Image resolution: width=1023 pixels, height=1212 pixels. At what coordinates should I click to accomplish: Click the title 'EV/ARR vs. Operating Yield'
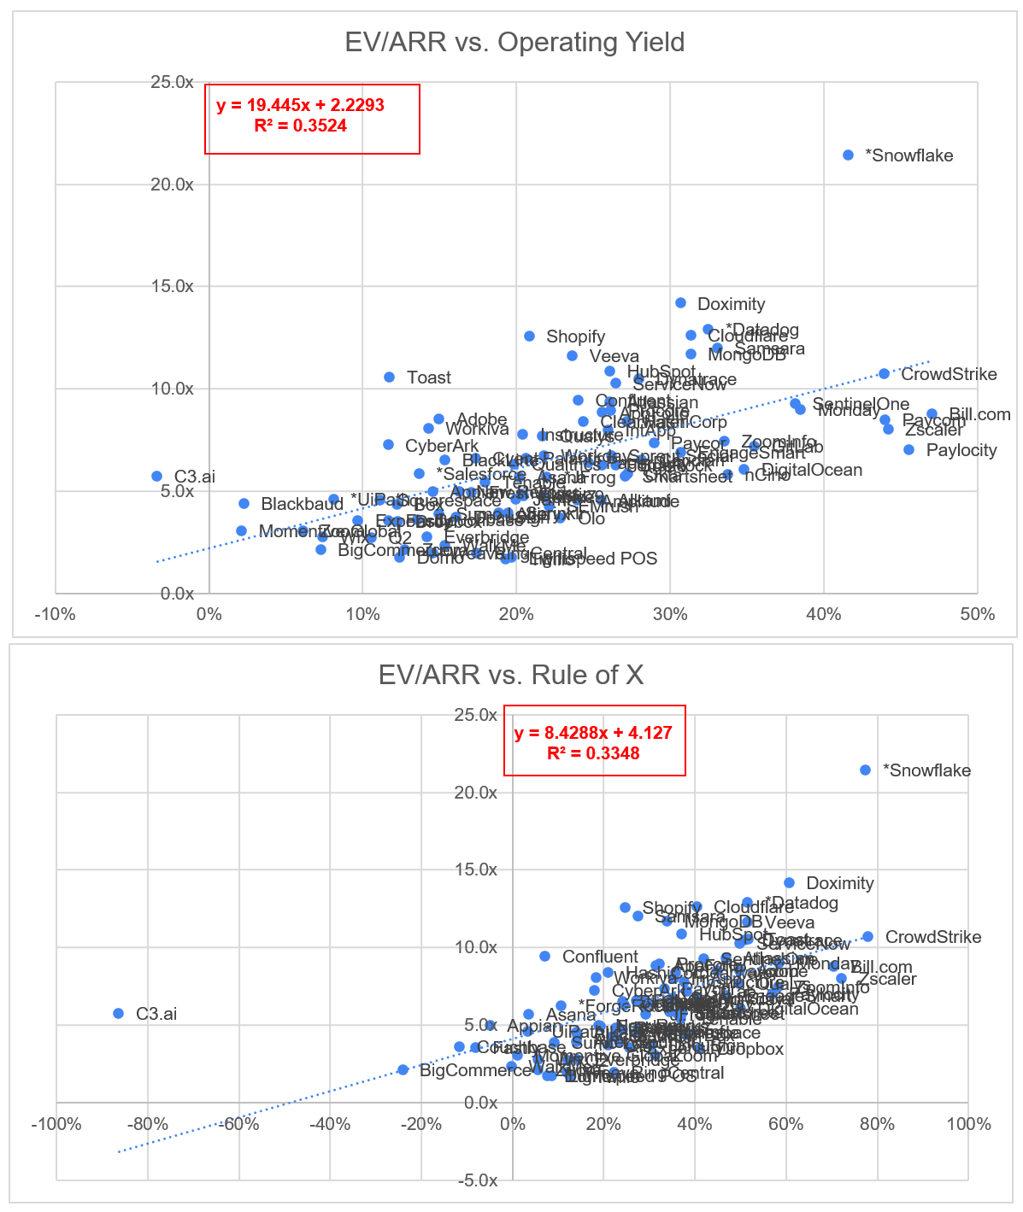coord(514,42)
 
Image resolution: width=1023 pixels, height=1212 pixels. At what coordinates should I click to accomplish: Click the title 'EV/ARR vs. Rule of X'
coord(511,675)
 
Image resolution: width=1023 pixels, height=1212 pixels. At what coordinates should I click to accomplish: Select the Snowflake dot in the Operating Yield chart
coord(848,155)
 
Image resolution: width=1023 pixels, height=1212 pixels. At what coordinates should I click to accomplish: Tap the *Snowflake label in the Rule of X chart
coord(926,770)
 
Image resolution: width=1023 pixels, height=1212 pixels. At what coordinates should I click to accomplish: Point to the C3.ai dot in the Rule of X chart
coord(119,1013)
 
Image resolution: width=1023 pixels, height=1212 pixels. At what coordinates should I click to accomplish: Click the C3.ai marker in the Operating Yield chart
coord(156,476)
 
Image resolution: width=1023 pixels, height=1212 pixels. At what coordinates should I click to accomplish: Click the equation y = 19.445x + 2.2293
coord(300,106)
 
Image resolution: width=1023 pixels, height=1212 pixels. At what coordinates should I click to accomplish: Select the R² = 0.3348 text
coord(593,753)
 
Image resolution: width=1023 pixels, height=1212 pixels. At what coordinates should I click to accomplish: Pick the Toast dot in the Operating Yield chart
coord(389,377)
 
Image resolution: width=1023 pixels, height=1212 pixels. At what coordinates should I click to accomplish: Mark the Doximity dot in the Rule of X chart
coord(789,882)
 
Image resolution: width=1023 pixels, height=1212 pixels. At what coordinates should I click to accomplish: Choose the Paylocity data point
coord(908,449)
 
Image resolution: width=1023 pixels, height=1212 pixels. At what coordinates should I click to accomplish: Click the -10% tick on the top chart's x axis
coord(56,614)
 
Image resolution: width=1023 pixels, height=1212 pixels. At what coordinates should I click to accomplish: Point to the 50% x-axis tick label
coord(977,614)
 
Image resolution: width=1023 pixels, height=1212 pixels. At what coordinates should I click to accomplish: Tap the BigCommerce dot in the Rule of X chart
coord(403,1069)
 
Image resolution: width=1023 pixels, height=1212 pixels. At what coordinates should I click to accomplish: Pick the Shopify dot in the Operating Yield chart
coord(529,337)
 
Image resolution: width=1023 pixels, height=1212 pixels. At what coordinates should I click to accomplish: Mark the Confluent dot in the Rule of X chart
coord(544,956)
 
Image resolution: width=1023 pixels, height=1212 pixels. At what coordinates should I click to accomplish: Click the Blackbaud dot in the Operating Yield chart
coord(244,504)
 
